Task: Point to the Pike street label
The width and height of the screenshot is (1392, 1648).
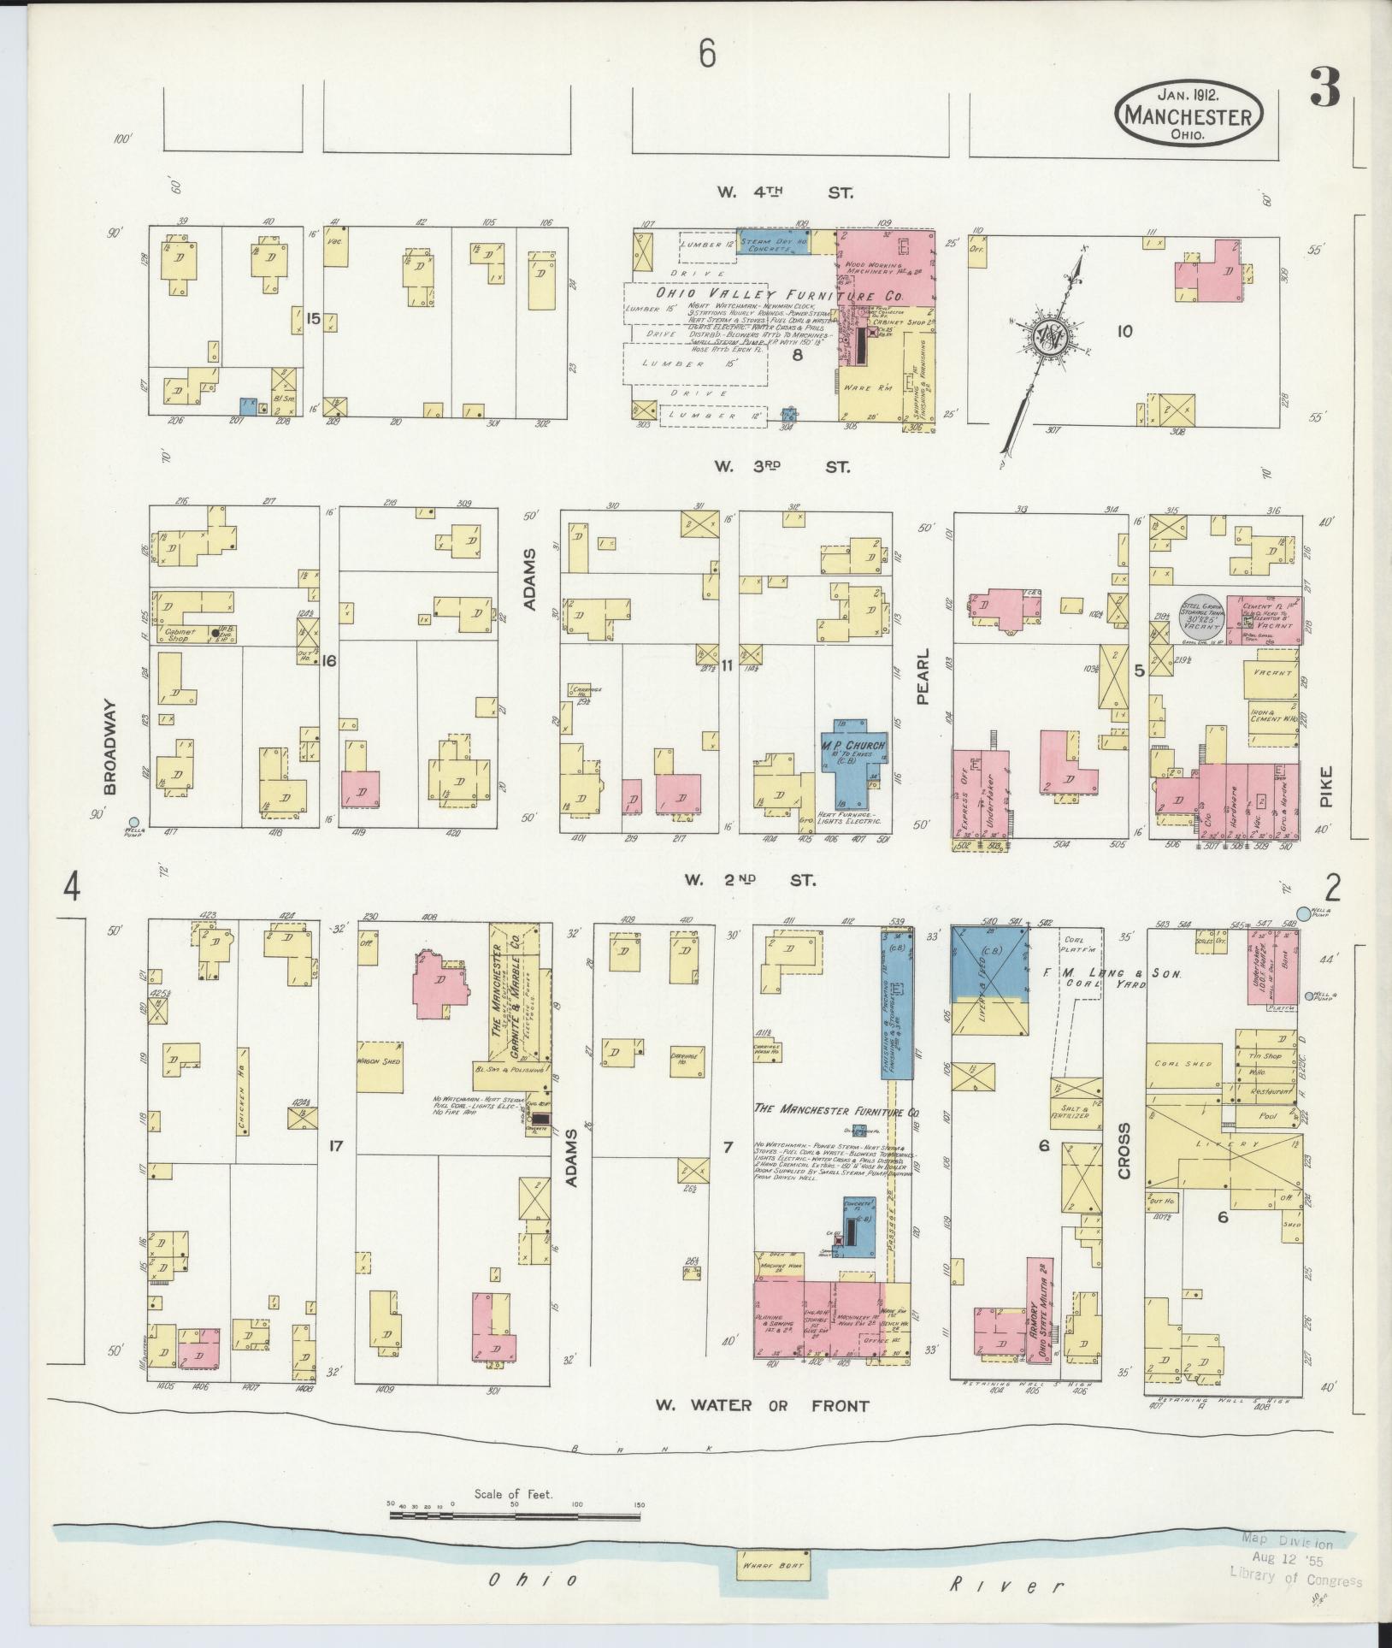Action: pos(1325,785)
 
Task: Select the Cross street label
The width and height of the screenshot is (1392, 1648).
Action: pos(1124,1150)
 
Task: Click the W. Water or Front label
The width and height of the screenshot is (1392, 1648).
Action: pos(762,1405)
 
